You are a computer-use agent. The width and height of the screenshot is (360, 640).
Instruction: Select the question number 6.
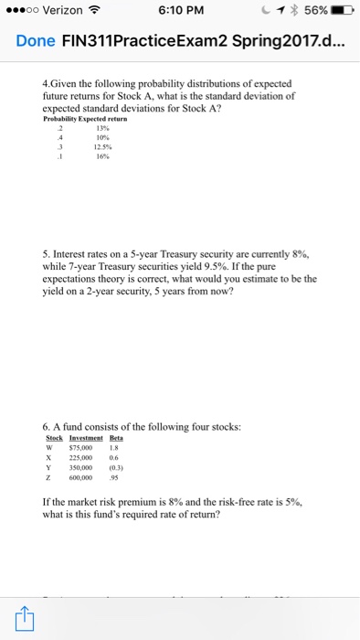pos(47,424)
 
